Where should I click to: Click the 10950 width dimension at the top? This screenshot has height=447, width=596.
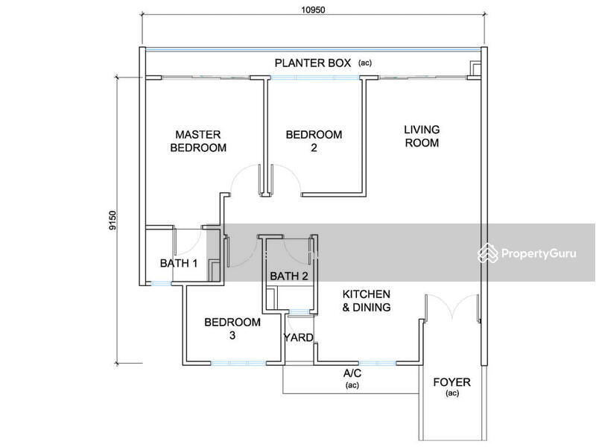coord(313,10)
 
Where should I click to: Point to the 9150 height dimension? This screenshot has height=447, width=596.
coord(113,221)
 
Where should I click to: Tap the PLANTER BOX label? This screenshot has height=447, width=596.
coord(312,63)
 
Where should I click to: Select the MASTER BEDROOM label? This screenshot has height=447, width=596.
coord(198,141)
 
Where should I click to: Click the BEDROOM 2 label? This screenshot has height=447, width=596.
coord(314,141)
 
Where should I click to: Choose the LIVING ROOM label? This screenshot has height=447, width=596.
coord(422,136)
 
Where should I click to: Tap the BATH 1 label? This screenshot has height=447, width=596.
coord(179,263)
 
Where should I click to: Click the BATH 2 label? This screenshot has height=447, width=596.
coord(289,276)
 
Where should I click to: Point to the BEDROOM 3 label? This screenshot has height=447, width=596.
coord(232,329)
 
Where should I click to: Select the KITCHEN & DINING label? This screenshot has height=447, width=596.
coord(367,301)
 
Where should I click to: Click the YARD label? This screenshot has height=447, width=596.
coord(299,337)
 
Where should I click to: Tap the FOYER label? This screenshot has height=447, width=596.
coord(452,382)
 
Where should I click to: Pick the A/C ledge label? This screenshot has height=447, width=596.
coord(352,373)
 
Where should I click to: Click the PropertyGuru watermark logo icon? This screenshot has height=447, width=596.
coord(488,253)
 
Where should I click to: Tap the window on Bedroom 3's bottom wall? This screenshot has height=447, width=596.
coord(238,364)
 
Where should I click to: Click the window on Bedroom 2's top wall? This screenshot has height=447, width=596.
coord(314,77)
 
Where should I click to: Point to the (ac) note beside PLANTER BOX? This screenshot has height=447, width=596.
coord(365,63)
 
